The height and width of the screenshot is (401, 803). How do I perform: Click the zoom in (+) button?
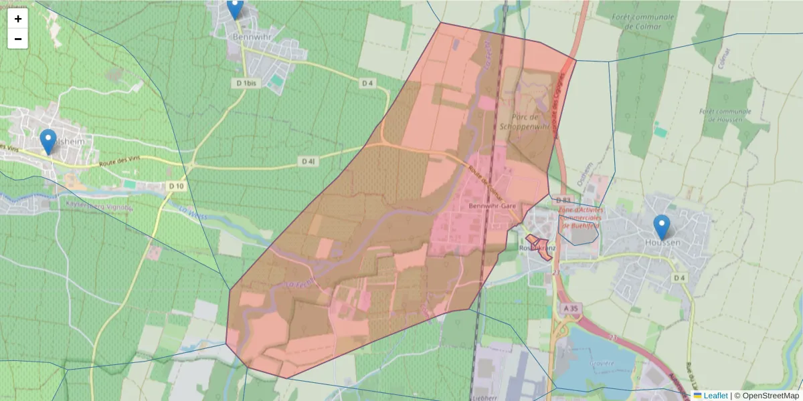click(x=18, y=19)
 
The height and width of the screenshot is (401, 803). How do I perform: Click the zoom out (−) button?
click(x=18, y=39)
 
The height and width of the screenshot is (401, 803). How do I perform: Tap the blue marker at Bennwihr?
click(x=235, y=9)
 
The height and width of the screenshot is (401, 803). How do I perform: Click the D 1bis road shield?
click(x=247, y=83)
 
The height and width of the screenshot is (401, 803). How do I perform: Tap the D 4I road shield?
click(x=308, y=161)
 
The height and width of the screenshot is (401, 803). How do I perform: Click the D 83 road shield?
click(x=563, y=200)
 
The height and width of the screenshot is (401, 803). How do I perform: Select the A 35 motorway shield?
click(x=570, y=308)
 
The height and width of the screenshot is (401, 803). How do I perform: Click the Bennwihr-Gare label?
click(x=493, y=206)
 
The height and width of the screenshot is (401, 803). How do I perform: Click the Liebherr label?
click(x=496, y=396)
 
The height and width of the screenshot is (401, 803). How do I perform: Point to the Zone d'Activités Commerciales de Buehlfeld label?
click(x=580, y=217)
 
